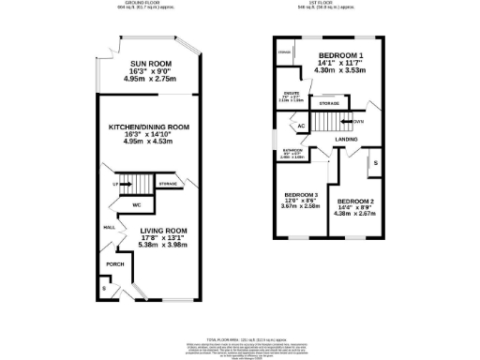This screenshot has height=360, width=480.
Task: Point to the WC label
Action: pos(136,203)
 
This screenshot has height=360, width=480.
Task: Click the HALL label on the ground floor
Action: pos(109,227)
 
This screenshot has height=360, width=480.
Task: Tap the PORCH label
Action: pos(114,264)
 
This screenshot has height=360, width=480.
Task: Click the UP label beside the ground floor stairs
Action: pos(116,185)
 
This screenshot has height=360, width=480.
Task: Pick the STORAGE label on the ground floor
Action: pos(168,185)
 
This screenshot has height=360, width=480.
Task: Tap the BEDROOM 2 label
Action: pos(356,202)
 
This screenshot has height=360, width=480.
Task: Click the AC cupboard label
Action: pos(301,126)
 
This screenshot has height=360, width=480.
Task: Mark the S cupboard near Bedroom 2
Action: pos(376,163)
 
